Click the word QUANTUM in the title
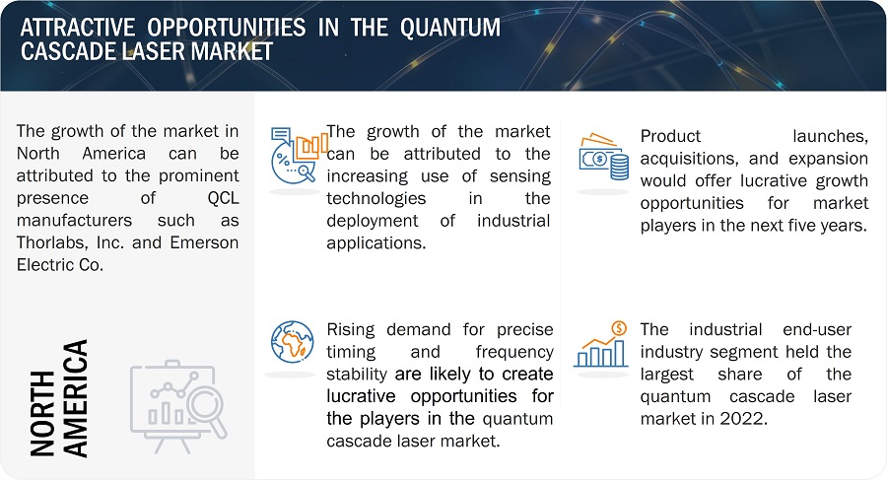pos(450,28)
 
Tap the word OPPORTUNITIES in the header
pos(227,28)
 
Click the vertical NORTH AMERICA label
pos(59,398)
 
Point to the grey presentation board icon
pos(178,406)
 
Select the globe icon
pos(292,342)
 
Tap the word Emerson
pos(204,242)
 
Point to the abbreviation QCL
pos(223,198)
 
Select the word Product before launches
pos(670,136)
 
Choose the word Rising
pos(351,330)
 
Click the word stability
pos(357,375)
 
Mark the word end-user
pos(817,329)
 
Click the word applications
pos(375,243)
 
